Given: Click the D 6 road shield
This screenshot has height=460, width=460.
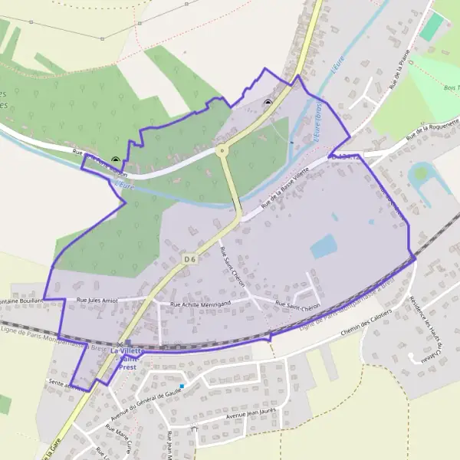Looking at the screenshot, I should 190,260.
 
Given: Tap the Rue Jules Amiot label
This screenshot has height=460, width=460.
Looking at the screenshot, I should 97,301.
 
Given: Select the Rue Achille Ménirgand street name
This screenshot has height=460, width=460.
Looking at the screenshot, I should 199,304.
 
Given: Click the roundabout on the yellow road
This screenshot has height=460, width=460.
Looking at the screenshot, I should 222,150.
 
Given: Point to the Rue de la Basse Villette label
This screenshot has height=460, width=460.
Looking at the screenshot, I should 285,187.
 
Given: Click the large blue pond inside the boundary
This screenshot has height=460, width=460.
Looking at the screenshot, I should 323,246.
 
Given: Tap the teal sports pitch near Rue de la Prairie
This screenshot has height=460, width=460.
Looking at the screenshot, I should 432,28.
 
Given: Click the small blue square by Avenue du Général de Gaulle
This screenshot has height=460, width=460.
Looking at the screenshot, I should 182,386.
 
